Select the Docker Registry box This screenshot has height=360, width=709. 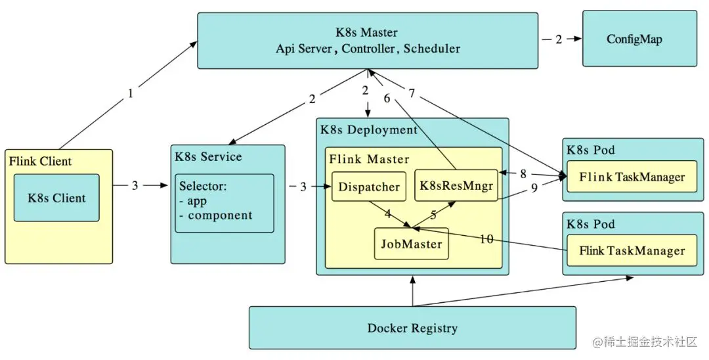coord(412,328)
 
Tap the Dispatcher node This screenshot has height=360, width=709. coord(369,187)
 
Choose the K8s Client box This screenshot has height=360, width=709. coord(56,197)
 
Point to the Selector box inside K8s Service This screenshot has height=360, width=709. coord(224,202)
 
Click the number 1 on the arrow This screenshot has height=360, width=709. coord(130,93)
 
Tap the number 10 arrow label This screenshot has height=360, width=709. coord(486,239)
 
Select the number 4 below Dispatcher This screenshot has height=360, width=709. coord(387,214)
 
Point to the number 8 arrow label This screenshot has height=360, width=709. coord(523,174)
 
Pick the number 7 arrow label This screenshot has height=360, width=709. coord(412,94)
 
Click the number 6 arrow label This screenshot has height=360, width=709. coord(387,98)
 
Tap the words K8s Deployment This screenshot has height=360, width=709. coord(369,129)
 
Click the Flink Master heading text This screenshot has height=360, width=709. coord(369,159)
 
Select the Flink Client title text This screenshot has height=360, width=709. coord(41,161)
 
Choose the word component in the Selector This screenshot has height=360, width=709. coord(220,215)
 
